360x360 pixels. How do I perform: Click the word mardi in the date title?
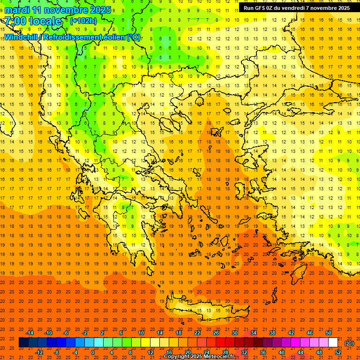tap(17, 10)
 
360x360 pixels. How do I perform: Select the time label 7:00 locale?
tap(33, 21)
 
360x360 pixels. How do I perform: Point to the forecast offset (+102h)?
tap(83, 21)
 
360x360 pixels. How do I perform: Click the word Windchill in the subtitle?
tap(21, 37)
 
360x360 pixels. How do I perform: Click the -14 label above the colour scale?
tap(30, 332)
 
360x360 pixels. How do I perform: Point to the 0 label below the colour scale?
tap(93, 352)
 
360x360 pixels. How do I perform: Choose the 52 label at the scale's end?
tap(338, 352)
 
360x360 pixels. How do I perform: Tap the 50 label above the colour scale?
tap(328, 332)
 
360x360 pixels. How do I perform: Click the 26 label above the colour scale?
tap(216, 332)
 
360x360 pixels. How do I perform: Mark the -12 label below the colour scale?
tap(39, 352)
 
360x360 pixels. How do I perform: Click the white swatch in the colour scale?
tap(333, 342)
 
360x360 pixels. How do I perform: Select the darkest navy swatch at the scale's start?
tap(23, 342)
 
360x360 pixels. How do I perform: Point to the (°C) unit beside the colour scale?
tap(349, 343)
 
